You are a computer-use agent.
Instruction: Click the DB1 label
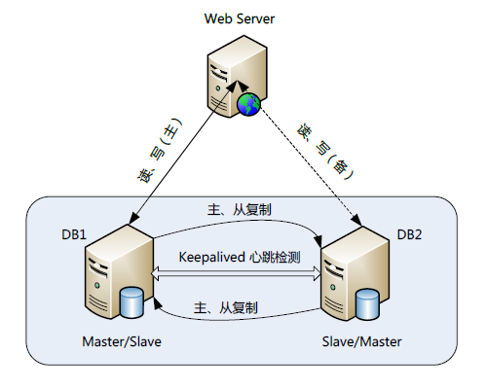[x=76, y=234]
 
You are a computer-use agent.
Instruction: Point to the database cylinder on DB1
[x=131, y=302]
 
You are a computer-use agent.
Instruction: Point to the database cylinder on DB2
[x=367, y=302]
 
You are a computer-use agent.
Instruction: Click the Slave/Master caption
[x=361, y=342]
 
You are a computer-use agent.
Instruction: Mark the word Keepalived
[x=208, y=258]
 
